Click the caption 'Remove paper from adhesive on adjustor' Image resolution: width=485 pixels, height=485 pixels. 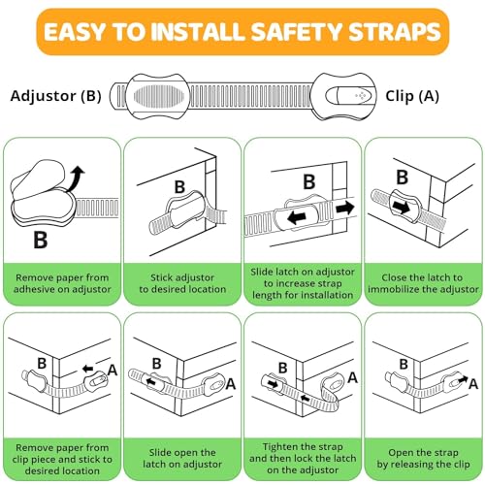[62, 282]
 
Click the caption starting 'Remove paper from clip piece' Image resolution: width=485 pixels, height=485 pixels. [62, 457]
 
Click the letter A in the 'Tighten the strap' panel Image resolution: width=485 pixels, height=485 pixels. [350, 378]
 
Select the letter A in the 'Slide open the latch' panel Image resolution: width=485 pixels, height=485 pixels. [231, 385]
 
